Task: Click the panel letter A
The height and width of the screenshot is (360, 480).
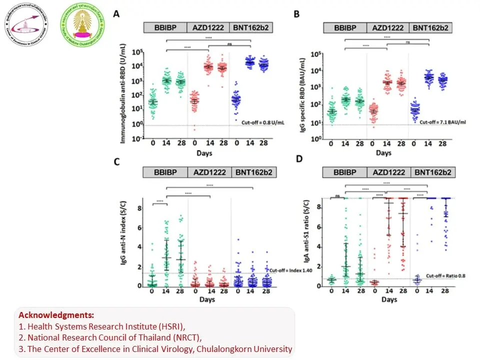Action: click(x=116, y=14)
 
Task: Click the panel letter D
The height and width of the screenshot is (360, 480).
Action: click(x=299, y=159)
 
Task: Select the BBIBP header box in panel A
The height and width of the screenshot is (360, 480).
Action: click(x=164, y=28)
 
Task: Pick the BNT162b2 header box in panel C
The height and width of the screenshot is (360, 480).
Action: click(x=253, y=172)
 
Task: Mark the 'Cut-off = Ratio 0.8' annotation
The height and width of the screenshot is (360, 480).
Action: click(x=442, y=275)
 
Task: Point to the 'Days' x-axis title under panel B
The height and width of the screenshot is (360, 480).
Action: click(x=383, y=152)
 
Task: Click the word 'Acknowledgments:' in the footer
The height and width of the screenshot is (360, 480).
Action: click(x=56, y=315)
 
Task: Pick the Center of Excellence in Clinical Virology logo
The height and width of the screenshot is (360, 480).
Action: click(x=25, y=25)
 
